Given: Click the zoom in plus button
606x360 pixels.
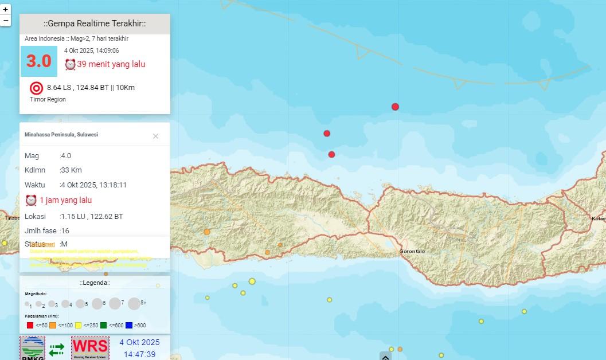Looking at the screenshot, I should (6, 10).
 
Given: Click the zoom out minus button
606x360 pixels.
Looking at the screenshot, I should (6, 21).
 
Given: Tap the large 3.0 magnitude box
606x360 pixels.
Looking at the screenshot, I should (38, 61).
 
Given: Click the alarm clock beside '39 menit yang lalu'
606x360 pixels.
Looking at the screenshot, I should (70, 64).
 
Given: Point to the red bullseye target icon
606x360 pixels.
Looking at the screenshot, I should (36, 88).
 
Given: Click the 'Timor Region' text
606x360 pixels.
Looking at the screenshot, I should (48, 100).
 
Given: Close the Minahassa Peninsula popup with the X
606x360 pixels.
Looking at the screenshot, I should (155, 136).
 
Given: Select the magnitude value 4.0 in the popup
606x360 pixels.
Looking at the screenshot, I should (67, 156).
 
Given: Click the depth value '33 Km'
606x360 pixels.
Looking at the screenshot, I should (72, 170).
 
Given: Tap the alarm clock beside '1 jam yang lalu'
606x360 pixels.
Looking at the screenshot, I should (31, 200).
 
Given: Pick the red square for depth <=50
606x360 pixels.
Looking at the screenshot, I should (30, 326).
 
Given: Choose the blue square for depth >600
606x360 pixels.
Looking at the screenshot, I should (129, 326).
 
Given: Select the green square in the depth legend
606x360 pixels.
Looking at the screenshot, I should (104, 326).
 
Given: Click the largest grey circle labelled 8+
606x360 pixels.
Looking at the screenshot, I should (134, 304).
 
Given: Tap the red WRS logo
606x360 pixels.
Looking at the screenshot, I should (90, 347).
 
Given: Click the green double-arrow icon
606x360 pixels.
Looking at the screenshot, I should (57, 350).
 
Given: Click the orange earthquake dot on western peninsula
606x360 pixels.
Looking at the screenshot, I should (206, 232).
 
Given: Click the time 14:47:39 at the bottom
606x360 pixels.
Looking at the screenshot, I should (139, 354).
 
